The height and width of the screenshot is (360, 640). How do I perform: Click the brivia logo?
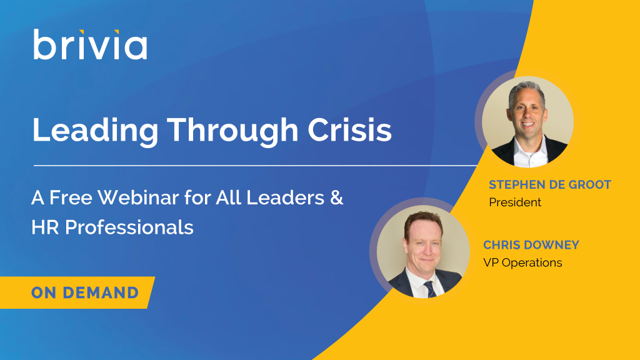tap(90, 44)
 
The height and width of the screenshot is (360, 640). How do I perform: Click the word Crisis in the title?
tap(349, 130)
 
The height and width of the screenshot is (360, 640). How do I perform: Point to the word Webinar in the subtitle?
tap(138, 197)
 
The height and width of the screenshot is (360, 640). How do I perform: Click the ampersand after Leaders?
tap(336, 197)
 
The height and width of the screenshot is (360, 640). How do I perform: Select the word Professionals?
tap(129, 227)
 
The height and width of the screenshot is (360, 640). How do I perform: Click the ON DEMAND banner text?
tap(85, 292)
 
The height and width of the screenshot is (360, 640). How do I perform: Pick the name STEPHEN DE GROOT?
tap(550, 184)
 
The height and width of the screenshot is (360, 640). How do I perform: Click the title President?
tap(515, 202)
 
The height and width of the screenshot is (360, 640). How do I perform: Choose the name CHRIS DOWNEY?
tap(531, 245)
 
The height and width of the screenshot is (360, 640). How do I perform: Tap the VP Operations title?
tap(522, 262)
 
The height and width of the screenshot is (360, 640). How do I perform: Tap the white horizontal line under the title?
tap(256, 166)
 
